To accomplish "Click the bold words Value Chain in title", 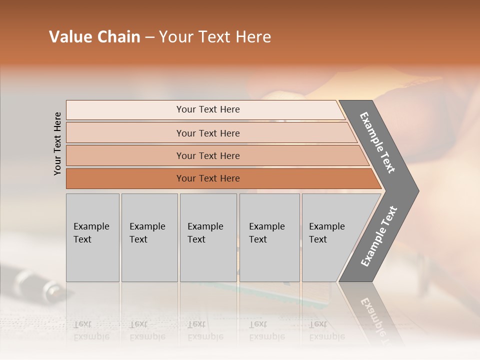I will [x=94, y=37].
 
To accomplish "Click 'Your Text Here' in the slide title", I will [x=215, y=37].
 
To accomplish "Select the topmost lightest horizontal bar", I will [x=208, y=109].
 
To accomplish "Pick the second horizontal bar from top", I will [x=208, y=133].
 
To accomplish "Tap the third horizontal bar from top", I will [x=208, y=155].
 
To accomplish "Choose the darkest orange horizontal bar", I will [x=208, y=178].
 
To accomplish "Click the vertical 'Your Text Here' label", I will [x=57, y=143].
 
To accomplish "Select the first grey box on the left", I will [x=92, y=237].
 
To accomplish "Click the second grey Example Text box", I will [x=149, y=237].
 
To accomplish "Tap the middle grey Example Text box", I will [x=208, y=237].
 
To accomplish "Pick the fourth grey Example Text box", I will [x=269, y=237].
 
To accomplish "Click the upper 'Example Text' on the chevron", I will [x=377, y=142].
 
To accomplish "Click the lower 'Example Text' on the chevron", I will [x=379, y=236].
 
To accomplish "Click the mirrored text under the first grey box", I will [x=91, y=330].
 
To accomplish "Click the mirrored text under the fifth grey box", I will [x=326, y=330].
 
